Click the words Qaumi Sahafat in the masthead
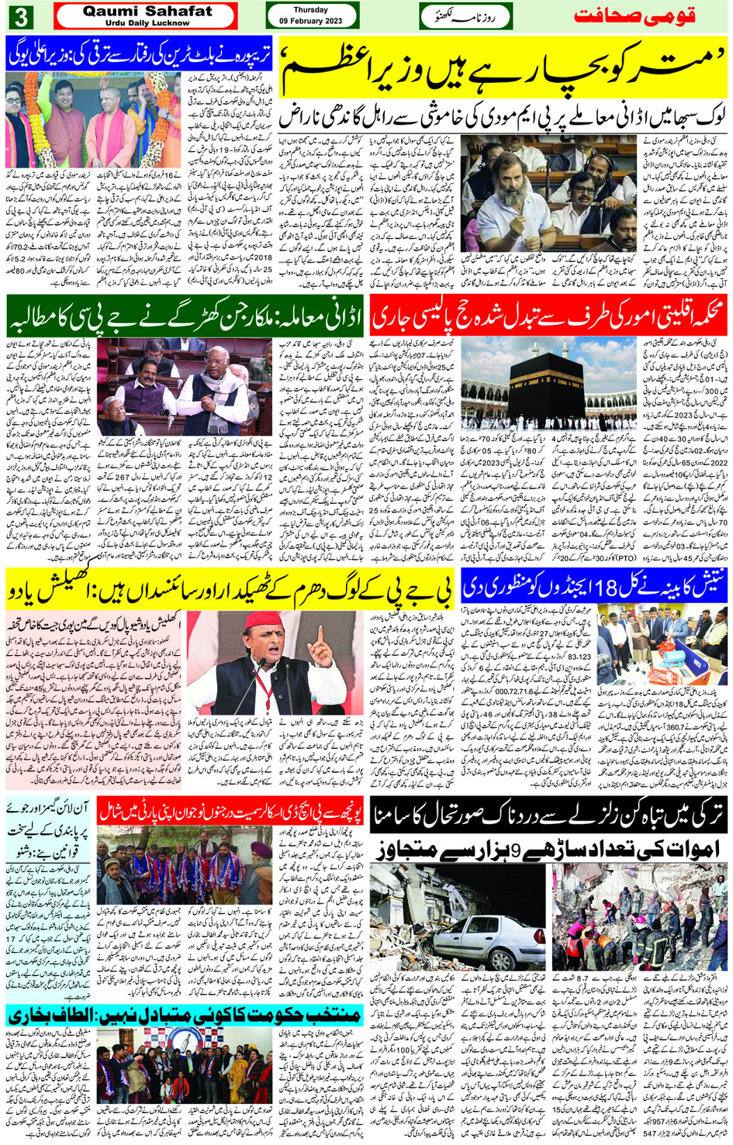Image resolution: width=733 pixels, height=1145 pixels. (147, 12)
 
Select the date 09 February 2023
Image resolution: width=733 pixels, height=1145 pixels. (311, 20)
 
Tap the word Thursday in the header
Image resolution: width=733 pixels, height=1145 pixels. (311, 10)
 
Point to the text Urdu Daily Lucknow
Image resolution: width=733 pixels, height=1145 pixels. (147, 23)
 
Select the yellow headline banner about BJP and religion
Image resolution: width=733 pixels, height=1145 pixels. (230, 589)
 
